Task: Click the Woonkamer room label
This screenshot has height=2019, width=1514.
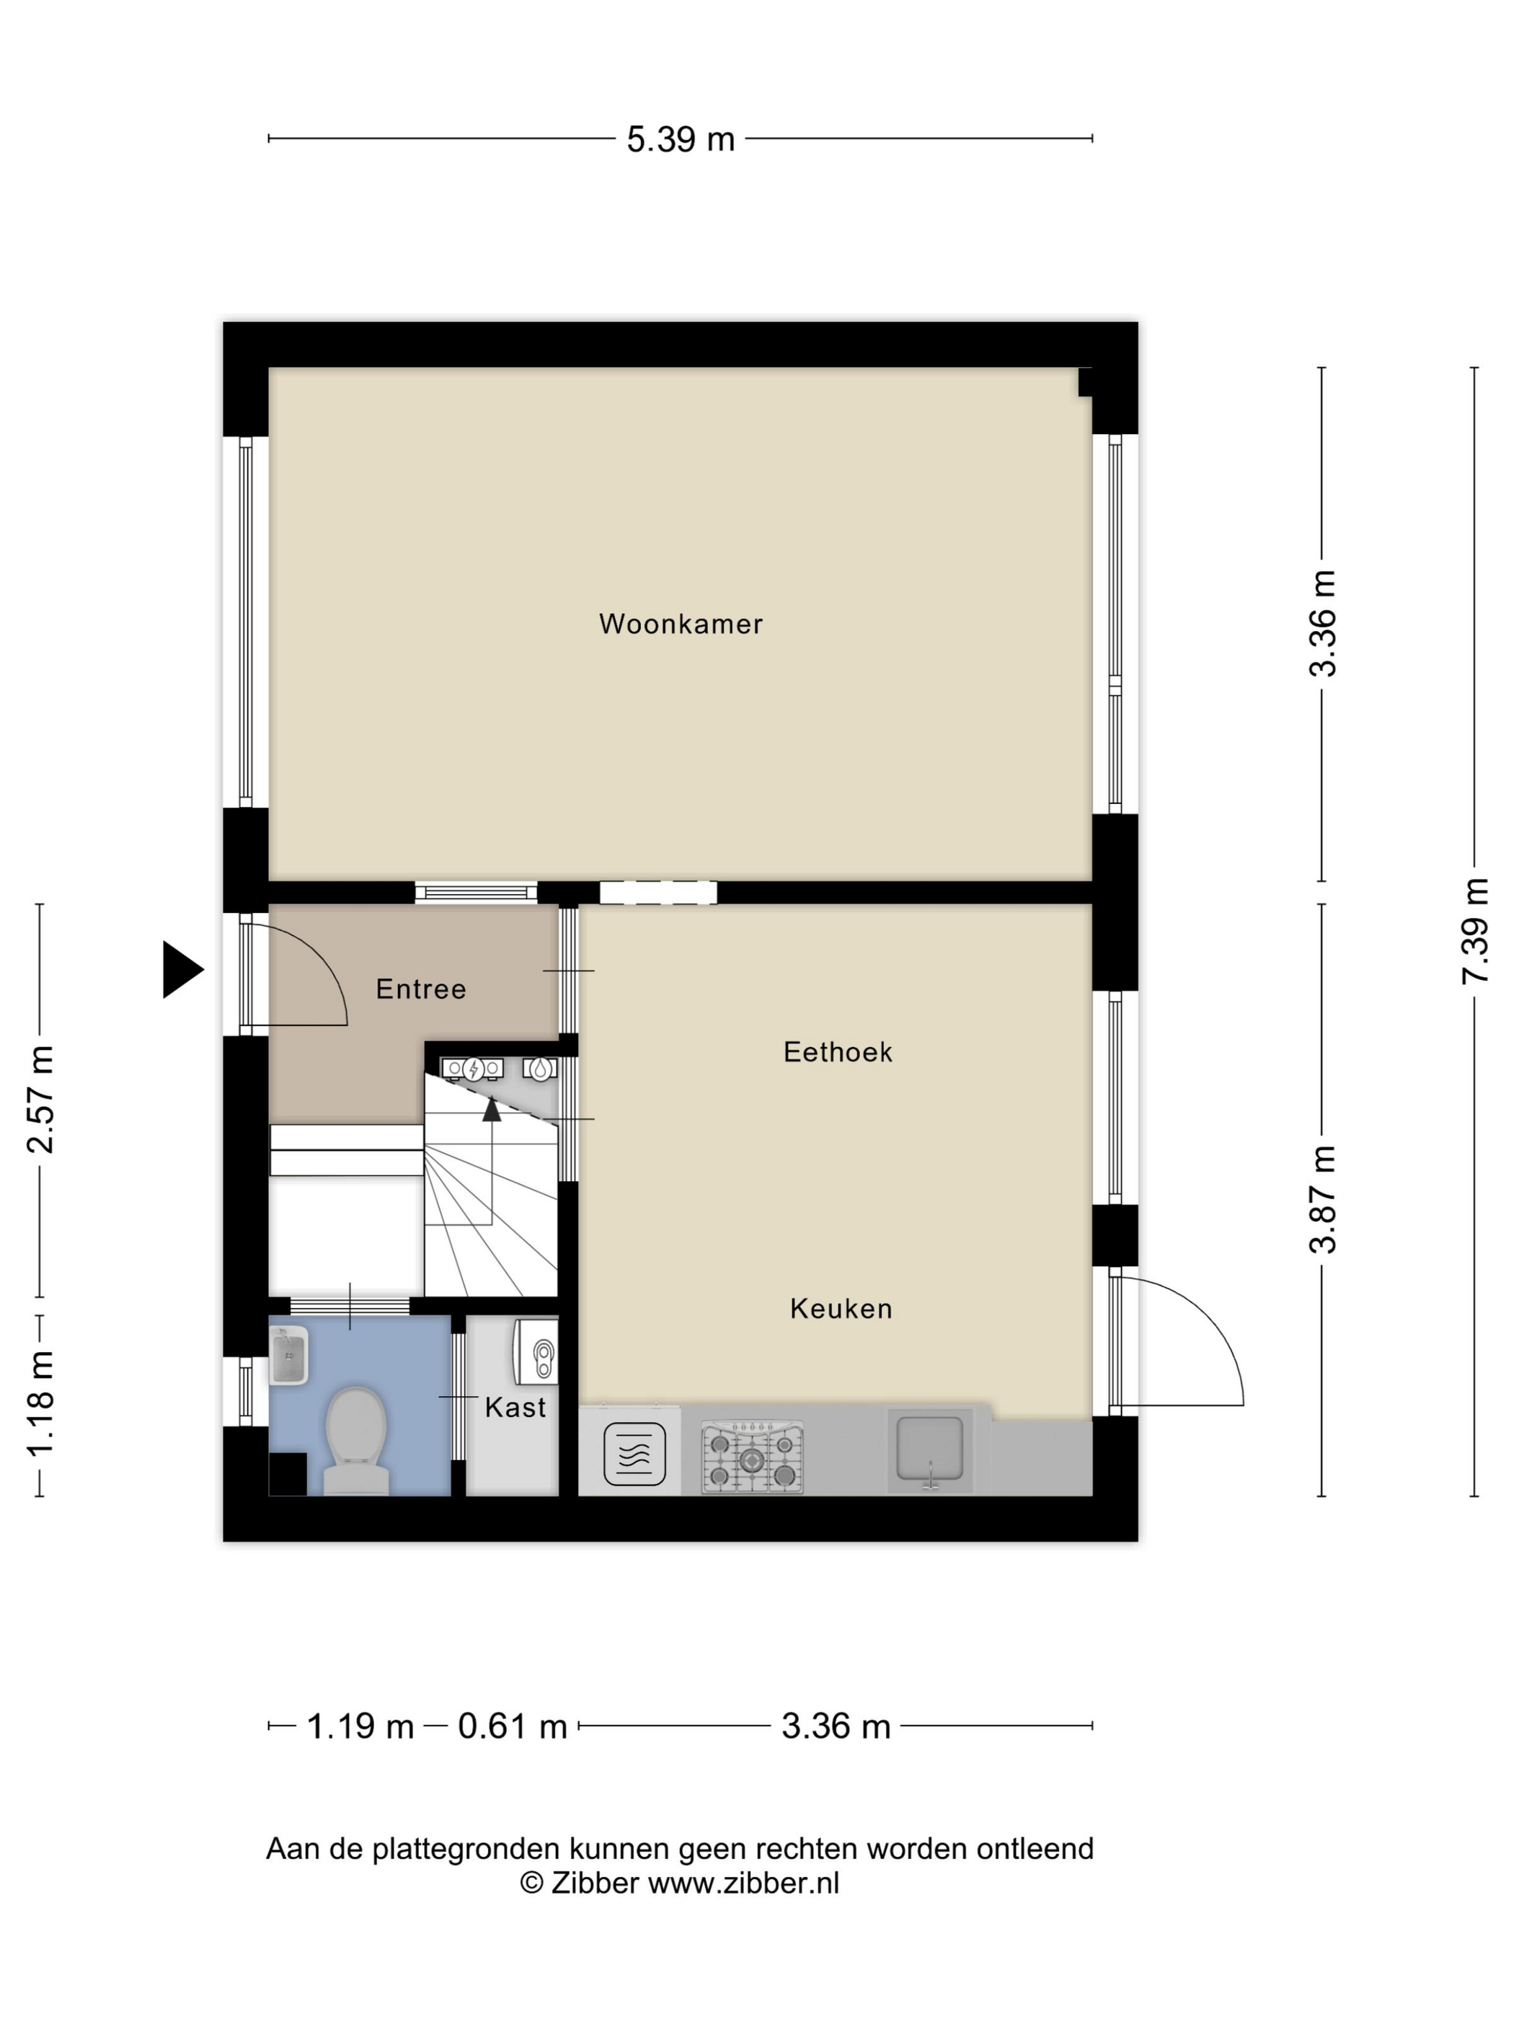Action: point(680,624)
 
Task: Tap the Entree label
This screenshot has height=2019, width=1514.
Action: point(421,989)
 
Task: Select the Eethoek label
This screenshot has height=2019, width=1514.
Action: point(838,1052)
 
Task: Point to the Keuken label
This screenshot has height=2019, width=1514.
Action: point(841,1309)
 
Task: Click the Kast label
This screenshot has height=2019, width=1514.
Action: point(515,1408)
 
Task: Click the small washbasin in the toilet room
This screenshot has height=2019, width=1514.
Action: point(289,1356)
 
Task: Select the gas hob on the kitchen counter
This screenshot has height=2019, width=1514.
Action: point(752,1456)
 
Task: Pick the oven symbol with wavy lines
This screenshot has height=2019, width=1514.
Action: point(634,1454)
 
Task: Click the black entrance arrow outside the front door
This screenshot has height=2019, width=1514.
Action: point(182,969)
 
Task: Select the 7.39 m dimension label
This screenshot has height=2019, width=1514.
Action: point(1475,931)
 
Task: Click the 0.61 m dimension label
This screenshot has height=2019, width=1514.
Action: point(512,1727)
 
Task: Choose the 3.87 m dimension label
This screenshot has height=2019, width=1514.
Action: point(1322,1201)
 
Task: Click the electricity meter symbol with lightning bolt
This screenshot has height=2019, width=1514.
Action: point(473,1069)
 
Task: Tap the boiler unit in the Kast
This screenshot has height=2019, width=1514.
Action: point(536,1352)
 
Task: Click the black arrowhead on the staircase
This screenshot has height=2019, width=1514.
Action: point(492,1109)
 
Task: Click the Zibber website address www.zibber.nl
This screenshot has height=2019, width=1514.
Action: point(744,1883)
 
